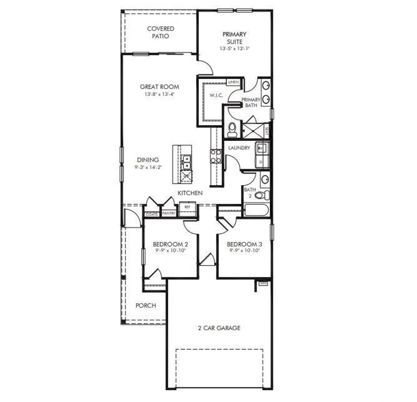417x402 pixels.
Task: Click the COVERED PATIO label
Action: (x=160, y=32)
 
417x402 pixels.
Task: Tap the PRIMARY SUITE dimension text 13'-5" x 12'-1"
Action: (x=234, y=48)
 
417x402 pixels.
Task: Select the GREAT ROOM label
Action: (x=159, y=87)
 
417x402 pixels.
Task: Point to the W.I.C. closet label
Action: (x=215, y=95)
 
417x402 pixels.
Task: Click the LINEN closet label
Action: (x=233, y=82)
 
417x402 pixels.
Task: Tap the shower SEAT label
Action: (x=267, y=131)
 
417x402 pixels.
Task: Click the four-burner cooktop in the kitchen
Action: (x=215, y=156)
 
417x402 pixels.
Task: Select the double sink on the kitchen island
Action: (x=187, y=162)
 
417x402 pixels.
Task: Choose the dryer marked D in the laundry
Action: (x=261, y=162)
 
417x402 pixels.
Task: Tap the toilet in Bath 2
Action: (x=262, y=195)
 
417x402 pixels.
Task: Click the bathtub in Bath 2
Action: (x=255, y=211)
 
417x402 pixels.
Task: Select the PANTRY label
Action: (x=169, y=213)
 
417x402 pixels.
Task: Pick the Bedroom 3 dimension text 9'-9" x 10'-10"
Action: (x=244, y=250)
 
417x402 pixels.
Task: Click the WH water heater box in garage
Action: (x=262, y=283)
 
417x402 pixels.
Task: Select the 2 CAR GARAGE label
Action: (x=219, y=328)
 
